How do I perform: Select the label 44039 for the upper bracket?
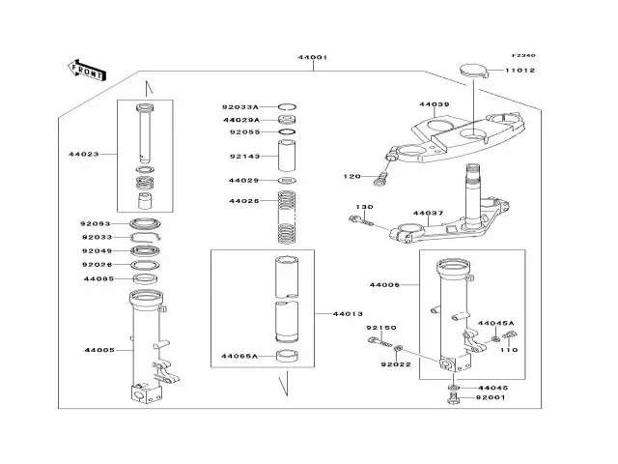coord(435,104)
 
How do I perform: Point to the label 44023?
coord(83,153)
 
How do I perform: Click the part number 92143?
coord(243,156)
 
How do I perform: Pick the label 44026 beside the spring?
coord(243,201)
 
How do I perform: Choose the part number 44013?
coord(348,313)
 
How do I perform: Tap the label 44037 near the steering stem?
coord(428,213)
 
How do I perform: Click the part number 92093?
coord(96,223)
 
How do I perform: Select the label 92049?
coord(96,251)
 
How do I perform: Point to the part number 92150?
coord(380,329)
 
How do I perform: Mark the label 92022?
coord(395,364)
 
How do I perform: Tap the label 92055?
coord(243,131)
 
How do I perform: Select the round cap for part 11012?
coord(471,68)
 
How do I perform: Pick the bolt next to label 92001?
coord(452,400)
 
